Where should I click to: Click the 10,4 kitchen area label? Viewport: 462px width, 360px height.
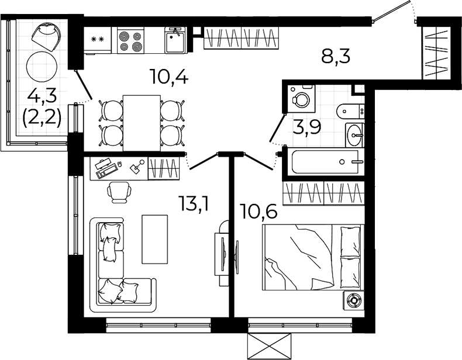[x=168, y=77]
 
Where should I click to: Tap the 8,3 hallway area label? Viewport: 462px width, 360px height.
[x=336, y=56]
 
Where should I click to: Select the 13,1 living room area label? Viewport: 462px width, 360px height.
[x=195, y=204]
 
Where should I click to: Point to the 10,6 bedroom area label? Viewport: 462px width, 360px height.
[x=259, y=212]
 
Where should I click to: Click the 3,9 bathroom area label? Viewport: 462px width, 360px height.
[x=306, y=127]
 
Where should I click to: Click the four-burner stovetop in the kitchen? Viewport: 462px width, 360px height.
[x=130, y=40]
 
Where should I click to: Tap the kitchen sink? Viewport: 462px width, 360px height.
[x=175, y=40]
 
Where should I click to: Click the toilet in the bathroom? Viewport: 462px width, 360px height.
[x=350, y=111]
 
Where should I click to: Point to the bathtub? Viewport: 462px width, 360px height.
[x=325, y=162]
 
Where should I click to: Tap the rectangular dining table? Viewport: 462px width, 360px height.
[x=142, y=123]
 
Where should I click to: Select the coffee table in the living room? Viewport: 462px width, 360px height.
[x=155, y=239]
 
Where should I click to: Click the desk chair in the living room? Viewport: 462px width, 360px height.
[x=119, y=192]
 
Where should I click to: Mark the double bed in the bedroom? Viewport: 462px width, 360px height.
[x=313, y=257]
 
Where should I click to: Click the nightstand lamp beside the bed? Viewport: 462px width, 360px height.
[x=354, y=300]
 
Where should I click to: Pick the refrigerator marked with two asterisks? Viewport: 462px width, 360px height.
[x=98, y=40]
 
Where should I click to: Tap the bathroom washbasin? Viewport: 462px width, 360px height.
[x=354, y=135]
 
